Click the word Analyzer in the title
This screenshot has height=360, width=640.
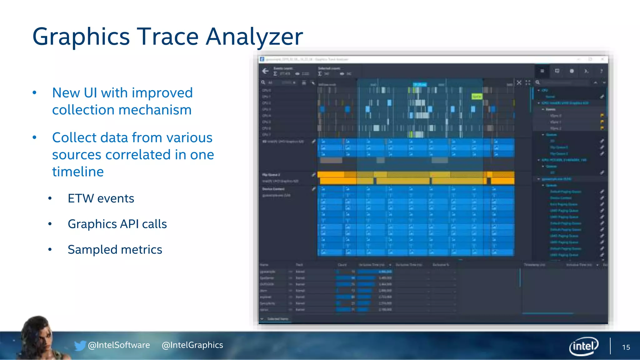click(x=254, y=37)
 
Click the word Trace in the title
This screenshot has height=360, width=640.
click(x=168, y=37)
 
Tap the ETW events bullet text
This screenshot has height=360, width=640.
click(x=101, y=198)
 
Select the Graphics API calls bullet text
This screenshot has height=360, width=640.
click(x=117, y=224)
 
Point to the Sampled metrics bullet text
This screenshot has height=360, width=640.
click(x=115, y=250)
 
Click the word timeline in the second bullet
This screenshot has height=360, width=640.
click(x=78, y=172)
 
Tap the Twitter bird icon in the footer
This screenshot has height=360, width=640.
click(x=80, y=345)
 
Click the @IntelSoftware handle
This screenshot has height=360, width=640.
click(x=119, y=345)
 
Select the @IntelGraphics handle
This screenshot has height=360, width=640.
click(x=192, y=345)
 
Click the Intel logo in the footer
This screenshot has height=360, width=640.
click(x=583, y=346)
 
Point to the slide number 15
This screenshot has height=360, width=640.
click(x=626, y=347)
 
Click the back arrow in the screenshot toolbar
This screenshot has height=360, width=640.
click(x=265, y=71)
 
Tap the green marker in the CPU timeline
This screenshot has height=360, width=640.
click(x=477, y=97)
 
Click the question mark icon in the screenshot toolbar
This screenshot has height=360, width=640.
click(x=601, y=71)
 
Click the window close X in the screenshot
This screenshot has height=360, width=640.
click(x=602, y=59)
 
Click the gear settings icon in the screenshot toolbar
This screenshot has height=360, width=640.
click(x=572, y=71)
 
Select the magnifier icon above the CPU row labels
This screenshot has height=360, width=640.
click(x=263, y=82)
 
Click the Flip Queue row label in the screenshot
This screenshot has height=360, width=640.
click(x=271, y=175)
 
